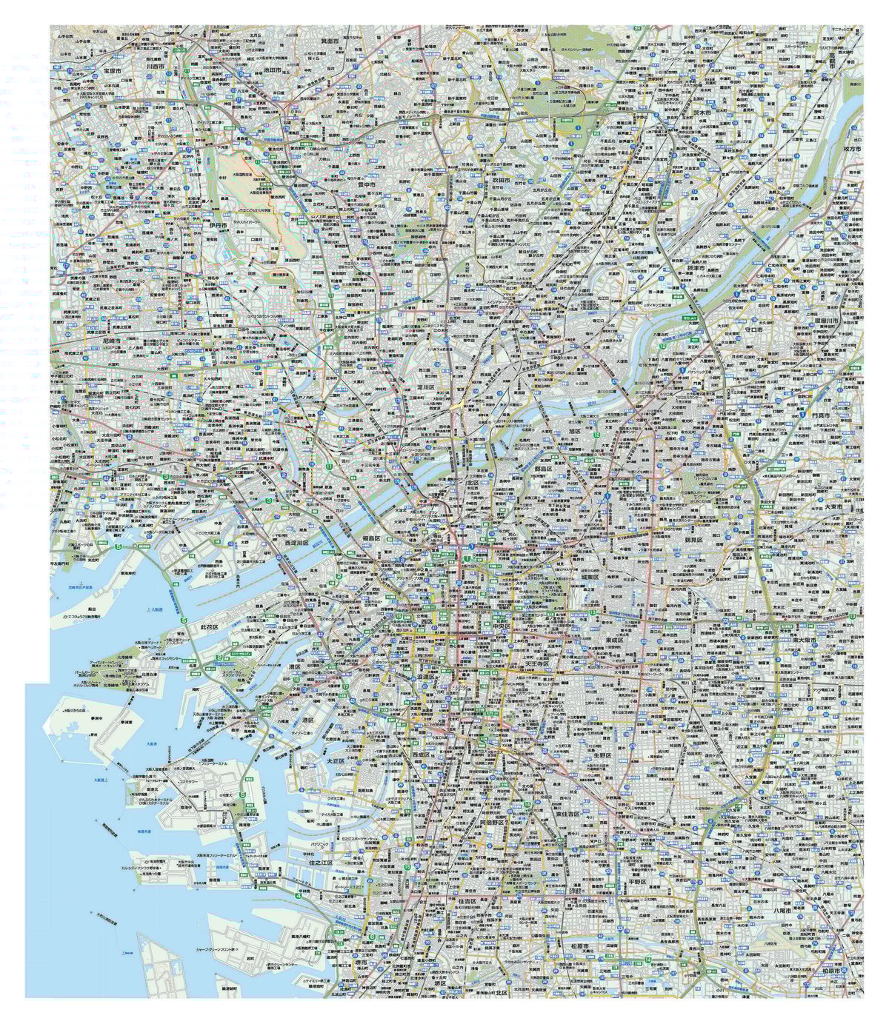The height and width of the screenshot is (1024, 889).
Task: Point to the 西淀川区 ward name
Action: point(299,543)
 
